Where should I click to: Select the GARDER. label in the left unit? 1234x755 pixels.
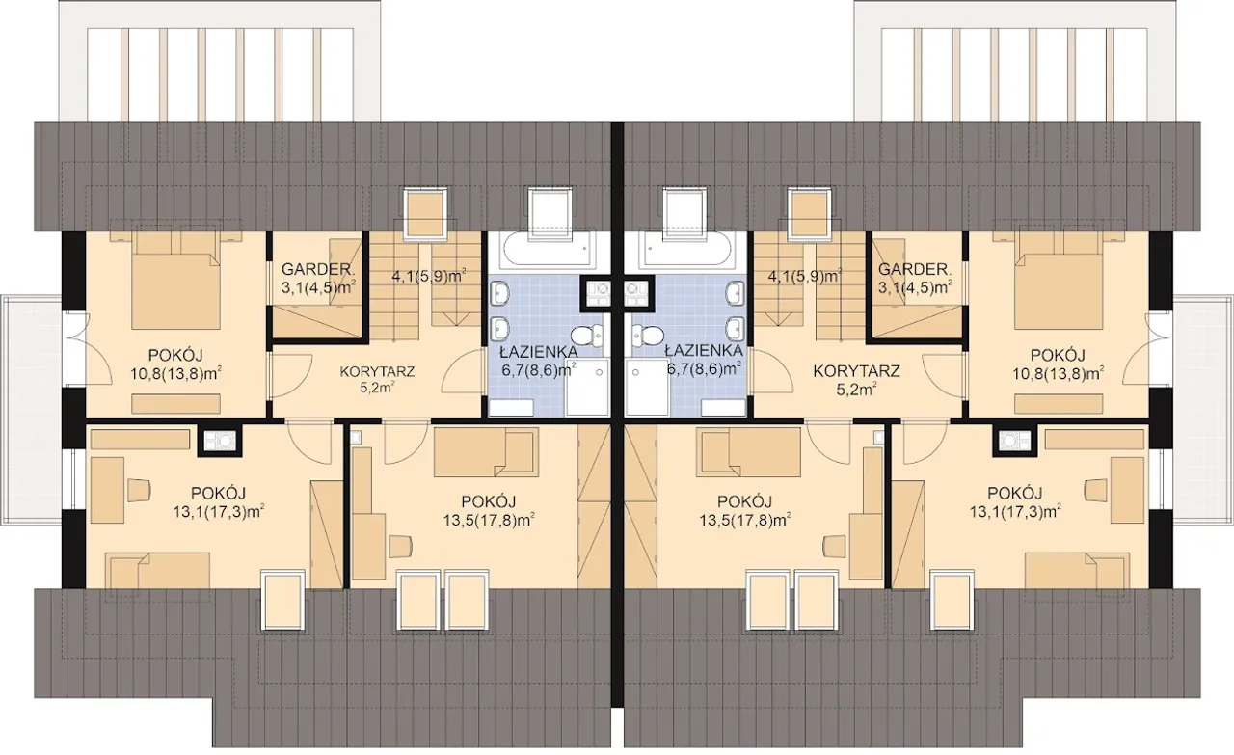pos(318,269)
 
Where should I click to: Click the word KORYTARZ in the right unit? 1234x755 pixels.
pos(856,371)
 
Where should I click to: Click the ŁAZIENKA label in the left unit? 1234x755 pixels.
pos(538,351)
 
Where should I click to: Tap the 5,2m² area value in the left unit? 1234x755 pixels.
pos(377,389)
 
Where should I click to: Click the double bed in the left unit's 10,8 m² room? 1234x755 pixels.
pos(176,290)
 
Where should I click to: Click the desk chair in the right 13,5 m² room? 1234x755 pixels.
pos(834,546)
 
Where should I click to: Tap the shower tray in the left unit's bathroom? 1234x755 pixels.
pos(587,387)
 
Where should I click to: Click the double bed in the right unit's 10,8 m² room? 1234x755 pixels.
pos(1059,290)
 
